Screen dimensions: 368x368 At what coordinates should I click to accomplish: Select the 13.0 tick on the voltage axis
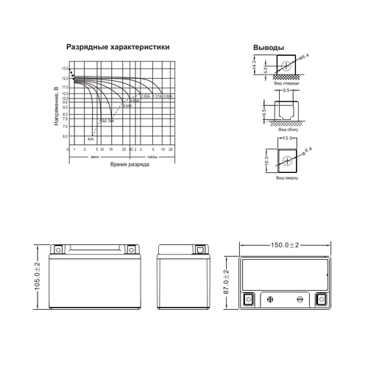65,68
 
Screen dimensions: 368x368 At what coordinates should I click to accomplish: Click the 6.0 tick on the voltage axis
66,136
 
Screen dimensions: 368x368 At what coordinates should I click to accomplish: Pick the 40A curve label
90,138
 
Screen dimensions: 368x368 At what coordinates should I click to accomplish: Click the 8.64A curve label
126,106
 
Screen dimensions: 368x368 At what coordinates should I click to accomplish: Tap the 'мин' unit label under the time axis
95,157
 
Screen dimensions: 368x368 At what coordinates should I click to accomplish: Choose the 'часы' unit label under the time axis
152,157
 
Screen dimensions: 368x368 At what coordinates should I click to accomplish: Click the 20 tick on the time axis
171,149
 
